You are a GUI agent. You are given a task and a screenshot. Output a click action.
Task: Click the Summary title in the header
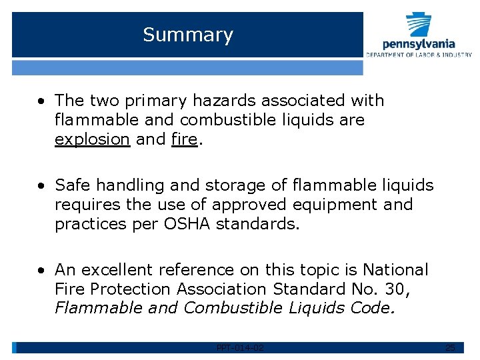pyautogui.click(x=188, y=35)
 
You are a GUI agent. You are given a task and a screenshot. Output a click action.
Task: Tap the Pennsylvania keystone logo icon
pyautogui.click(x=419, y=25)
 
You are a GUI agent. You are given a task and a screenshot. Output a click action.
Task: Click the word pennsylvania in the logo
pyautogui.click(x=419, y=44)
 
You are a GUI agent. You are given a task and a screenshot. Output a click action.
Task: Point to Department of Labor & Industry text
pyautogui.click(x=419, y=55)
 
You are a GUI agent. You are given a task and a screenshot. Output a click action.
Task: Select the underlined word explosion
pyautogui.click(x=92, y=139)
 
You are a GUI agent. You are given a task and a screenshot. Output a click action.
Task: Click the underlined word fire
pyautogui.click(x=183, y=139)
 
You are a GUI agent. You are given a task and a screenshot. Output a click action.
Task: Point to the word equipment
pyautogui.click(x=333, y=204)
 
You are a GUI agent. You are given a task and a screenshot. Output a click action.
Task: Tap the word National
pyautogui.click(x=395, y=269)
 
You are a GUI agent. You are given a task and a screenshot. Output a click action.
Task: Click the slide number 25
pyautogui.click(x=450, y=347)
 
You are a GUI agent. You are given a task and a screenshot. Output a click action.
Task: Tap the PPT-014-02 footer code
pyautogui.click(x=240, y=347)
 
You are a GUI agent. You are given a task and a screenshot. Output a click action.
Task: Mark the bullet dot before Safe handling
pyautogui.click(x=41, y=185)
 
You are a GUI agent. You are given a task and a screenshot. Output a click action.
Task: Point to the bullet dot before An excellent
pyautogui.click(x=41, y=270)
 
